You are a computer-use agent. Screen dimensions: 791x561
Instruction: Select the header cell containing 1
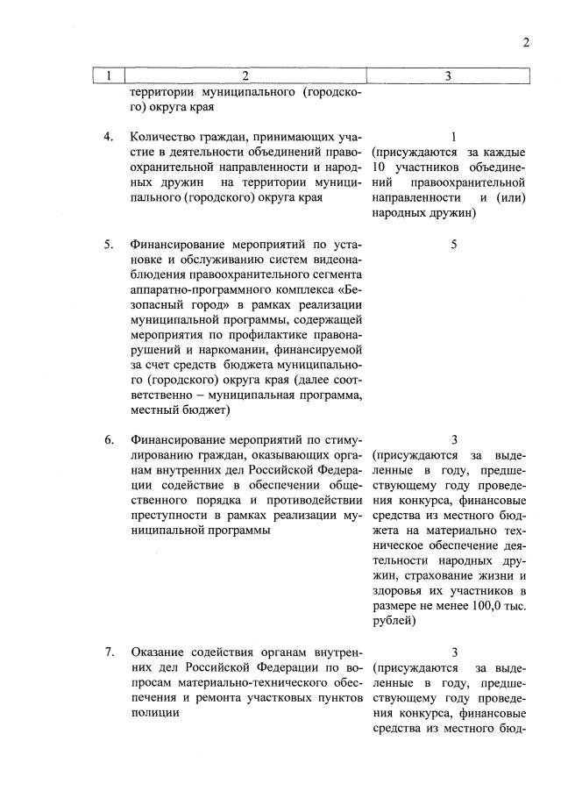108,76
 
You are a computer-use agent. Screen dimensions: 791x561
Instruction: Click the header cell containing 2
245,76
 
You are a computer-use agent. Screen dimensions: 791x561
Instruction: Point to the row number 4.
108,138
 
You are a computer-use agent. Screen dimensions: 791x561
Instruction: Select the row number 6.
108,439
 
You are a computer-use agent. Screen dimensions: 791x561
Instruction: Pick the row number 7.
108,652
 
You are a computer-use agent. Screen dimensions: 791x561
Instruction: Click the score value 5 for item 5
454,245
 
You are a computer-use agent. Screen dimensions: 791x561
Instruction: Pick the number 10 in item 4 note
380,167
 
